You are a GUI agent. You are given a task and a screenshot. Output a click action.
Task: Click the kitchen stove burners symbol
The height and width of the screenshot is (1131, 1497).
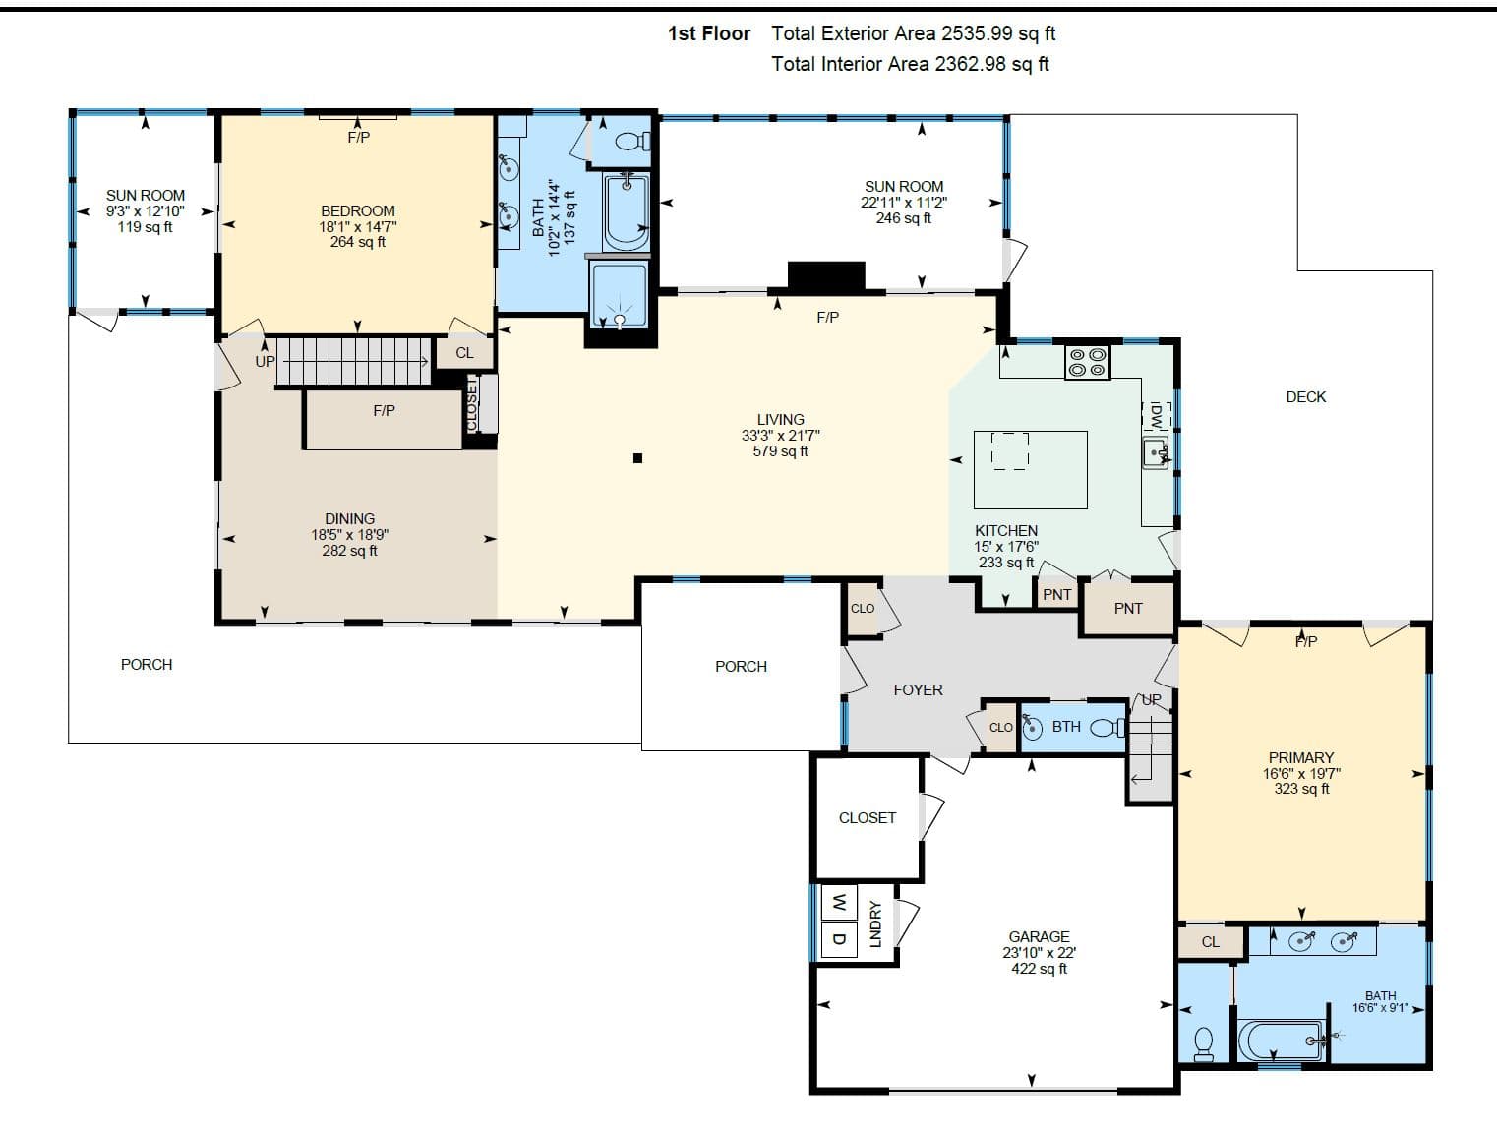[1087, 362]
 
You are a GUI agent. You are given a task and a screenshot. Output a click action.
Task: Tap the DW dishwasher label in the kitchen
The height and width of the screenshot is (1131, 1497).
[1156, 415]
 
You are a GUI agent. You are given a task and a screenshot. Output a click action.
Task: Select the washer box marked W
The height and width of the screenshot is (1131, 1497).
[839, 903]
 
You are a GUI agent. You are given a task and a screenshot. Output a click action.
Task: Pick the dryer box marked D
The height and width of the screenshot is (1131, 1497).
[839, 939]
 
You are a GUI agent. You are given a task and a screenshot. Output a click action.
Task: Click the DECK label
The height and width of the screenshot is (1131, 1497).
[1305, 396]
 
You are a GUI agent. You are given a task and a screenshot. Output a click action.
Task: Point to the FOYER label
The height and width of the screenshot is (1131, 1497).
[918, 690]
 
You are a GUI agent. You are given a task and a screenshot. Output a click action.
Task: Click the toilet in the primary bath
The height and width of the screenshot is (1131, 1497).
[1204, 1043]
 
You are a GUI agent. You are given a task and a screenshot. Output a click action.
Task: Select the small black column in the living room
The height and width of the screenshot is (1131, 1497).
[637, 458]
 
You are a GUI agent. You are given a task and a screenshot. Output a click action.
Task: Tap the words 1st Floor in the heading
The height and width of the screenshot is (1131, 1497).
[708, 33]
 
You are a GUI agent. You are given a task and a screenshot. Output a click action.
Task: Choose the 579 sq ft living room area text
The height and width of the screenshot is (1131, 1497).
[780, 451]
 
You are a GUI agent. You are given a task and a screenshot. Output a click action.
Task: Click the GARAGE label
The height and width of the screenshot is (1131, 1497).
[1039, 936]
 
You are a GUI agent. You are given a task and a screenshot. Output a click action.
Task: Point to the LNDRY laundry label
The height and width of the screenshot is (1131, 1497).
[875, 924]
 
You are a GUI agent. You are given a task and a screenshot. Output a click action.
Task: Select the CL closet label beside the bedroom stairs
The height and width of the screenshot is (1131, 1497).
[464, 353]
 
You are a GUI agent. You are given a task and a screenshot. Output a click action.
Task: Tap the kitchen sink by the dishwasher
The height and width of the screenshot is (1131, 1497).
[1156, 452]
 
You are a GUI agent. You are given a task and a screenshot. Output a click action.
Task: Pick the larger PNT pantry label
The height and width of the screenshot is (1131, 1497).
[1128, 608]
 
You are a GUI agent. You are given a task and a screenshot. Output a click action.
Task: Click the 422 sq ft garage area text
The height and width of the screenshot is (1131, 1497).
[1039, 968]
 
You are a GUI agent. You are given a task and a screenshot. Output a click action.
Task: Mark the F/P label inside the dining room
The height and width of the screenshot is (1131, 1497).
[384, 410]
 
